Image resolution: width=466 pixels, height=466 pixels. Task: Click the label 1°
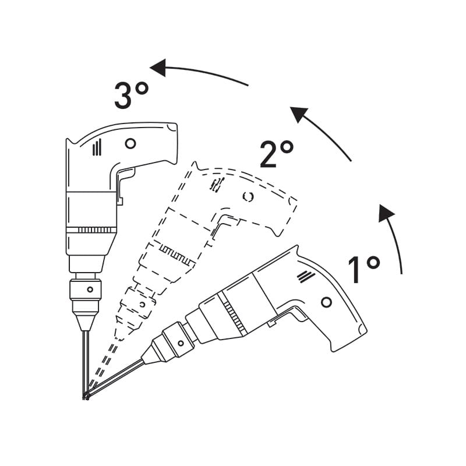363,269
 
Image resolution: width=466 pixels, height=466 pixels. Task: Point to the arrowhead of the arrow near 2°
299,114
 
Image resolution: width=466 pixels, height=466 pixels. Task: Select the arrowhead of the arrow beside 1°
386,213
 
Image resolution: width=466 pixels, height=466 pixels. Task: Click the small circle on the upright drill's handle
130,143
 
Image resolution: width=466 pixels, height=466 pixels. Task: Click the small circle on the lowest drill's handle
326,302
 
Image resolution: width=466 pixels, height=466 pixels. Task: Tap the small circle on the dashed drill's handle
248,197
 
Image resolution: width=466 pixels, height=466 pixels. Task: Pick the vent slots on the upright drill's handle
97,149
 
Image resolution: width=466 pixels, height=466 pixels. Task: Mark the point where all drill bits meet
86,397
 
